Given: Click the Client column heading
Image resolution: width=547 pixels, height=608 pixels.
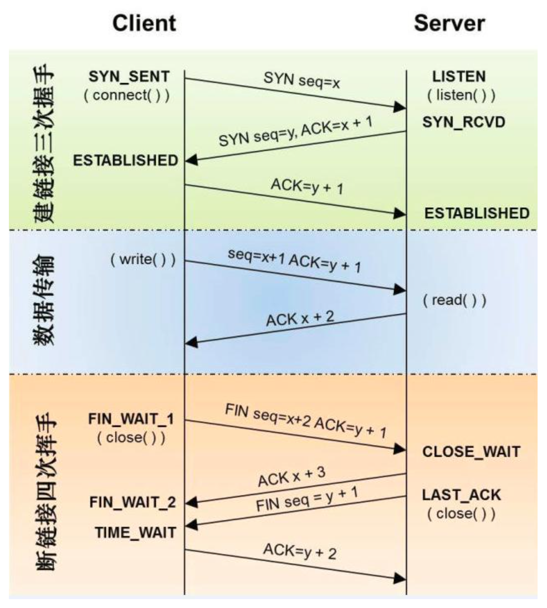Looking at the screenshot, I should point(144,23).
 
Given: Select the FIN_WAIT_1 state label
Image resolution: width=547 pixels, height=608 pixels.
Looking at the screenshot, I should point(131,419).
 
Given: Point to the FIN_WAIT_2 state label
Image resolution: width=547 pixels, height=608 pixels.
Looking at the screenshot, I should point(132,503).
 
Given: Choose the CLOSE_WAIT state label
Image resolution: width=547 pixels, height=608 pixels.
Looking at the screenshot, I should point(471,452).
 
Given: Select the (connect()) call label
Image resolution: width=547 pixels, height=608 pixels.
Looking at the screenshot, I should point(126,95).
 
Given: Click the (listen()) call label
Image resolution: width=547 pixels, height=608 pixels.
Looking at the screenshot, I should point(461,95).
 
